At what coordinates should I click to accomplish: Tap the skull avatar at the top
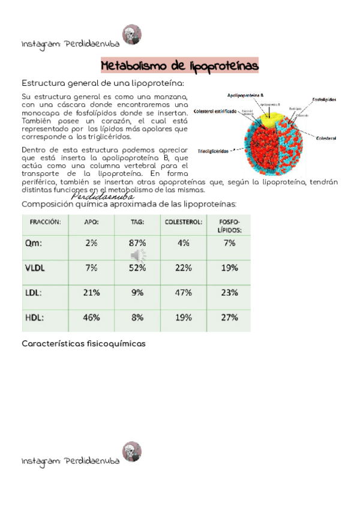[x=131, y=34]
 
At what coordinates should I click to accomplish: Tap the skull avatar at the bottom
[x=131, y=452]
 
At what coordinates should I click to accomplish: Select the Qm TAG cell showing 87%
[x=137, y=243]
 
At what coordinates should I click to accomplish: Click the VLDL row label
[x=37, y=268]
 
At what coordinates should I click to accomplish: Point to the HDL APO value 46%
[x=91, y=318]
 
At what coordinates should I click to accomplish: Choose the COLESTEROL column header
[x=183, y=221]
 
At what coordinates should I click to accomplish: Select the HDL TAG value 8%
[x=137, y=318]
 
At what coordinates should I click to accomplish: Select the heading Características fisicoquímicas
[x=83, y=344]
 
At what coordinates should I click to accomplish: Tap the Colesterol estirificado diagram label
[x=215, y=111]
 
